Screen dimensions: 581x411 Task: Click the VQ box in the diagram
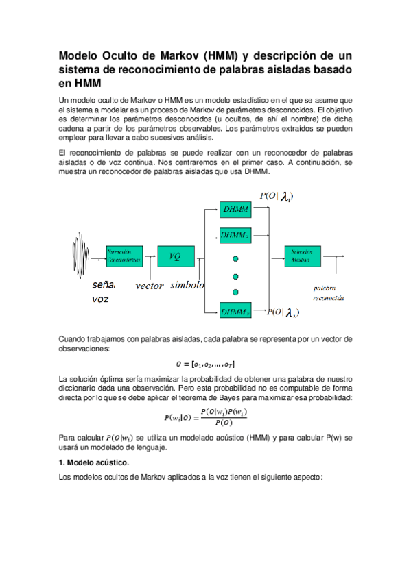pos(176,256)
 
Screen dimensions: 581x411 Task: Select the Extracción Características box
pos(124,256)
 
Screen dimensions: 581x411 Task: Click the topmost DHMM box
pos(236,208)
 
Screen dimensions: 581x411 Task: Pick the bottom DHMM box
pos(235,312)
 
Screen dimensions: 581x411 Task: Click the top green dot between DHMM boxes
pos(235,258)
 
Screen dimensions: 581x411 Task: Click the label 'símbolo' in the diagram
pos(187,285)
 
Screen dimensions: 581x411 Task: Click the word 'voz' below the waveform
pos(101,299)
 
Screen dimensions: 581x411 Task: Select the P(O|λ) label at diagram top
pos(277,197)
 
